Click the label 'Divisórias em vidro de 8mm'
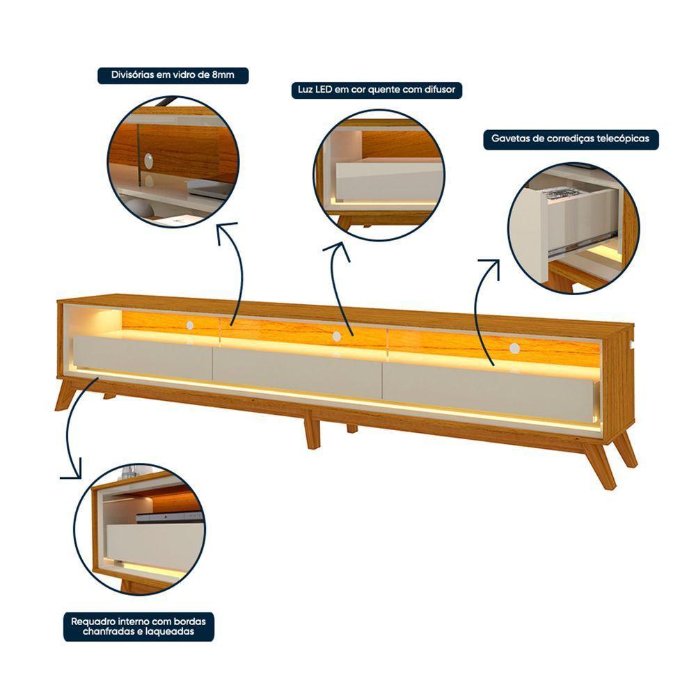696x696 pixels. tap(173, 75)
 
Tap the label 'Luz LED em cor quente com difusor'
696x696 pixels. tap(376, 90)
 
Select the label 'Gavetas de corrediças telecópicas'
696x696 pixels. tap(570, 139)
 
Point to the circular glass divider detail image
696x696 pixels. tap(173, 161)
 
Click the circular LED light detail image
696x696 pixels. tap(379, 175)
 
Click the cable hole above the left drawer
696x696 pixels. tap(189, 324)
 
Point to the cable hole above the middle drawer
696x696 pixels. tap(337, 336)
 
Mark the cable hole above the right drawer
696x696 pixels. tap(514, 348)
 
